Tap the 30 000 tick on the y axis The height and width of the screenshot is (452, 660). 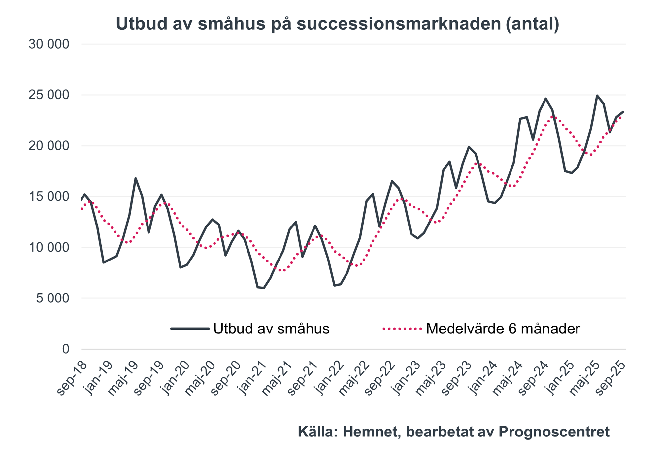point(49,44)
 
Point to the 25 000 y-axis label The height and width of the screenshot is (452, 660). point(49,95)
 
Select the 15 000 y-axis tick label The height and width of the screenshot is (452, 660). point(49,197)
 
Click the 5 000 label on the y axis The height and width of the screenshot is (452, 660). point(53,298)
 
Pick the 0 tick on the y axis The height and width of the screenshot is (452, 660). point(66,349)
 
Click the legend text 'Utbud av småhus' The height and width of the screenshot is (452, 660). point(271,329)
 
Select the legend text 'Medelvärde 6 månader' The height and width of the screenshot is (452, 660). point(503,329)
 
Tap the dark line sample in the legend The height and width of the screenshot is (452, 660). point(190,329)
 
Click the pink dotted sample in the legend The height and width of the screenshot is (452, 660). point(402,329)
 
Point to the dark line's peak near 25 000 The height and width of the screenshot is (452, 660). point(597,96)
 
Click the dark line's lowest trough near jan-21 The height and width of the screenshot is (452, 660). point(264,288)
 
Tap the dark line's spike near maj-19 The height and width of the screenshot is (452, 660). point(135,178)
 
